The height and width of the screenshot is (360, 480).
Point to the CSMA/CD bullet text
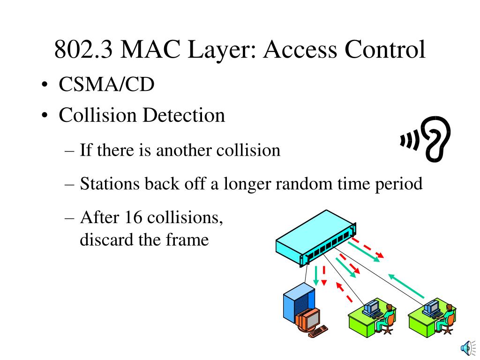click(x=106, y=85)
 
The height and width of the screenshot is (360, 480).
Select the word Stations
click(x=109, y=184)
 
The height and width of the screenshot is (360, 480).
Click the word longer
click(x=248, y=184)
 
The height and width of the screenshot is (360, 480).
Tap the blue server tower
click(x=299, y=305)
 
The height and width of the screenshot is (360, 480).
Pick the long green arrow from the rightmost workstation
click(x=406, y=286)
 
